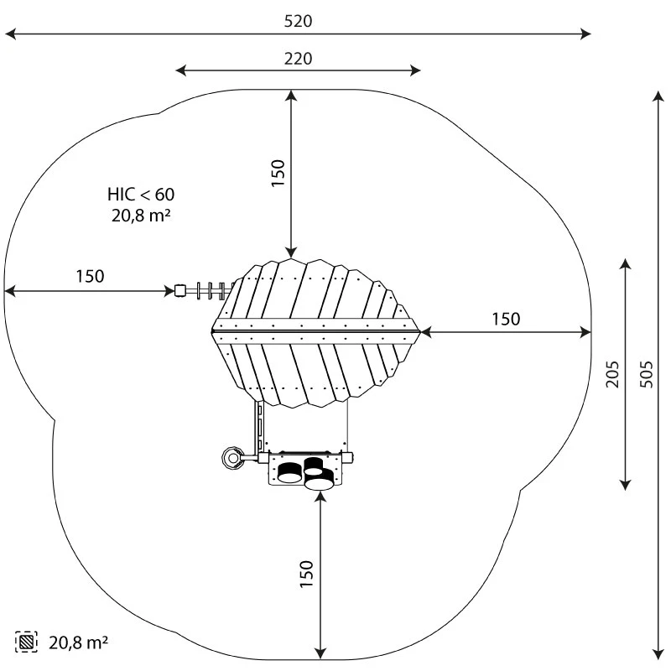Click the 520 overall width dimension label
click(298, 21)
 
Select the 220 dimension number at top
click(298, 59)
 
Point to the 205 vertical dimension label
click(612, 374)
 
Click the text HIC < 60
click(141, 195)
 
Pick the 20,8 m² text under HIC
click(141, 215)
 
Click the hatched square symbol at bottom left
click(26, 642)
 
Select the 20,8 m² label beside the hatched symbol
click(78, 642)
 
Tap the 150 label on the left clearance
click(90, 277)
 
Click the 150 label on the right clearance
click(506, 320)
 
